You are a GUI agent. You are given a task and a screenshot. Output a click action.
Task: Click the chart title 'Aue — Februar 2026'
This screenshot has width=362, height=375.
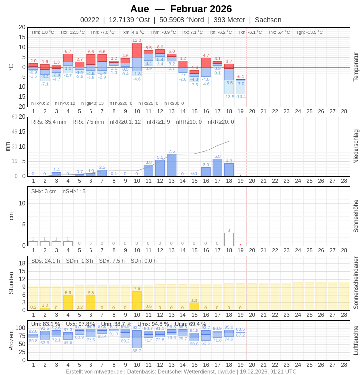pyautogui.click(x=181, y=9)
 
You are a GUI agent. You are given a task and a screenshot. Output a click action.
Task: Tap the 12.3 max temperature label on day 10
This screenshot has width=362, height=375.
pyautogui.click(x=137, y=40)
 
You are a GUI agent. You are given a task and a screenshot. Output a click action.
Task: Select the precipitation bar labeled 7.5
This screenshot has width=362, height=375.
pyautogui.click(x=172, y=165)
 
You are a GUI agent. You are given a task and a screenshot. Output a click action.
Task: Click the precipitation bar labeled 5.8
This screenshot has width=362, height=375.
pyautogui.click(x=217, y=168)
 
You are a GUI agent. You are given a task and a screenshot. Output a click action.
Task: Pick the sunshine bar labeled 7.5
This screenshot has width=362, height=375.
pyautogui.click(x=137, y=301)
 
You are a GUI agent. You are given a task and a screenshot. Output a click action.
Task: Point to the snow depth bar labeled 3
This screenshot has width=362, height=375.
pyautogui.click(x=229, y=239)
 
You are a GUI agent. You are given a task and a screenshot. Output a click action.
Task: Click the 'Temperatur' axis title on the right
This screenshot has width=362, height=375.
pyautogui.click(x=356, y=67)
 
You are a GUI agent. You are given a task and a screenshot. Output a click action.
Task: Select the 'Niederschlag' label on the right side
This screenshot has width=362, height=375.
pyautogui.click(x=356, y=147)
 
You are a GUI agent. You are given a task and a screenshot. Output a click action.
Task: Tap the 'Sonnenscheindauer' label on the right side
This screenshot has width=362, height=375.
pyautogui.click(x=356, y=283)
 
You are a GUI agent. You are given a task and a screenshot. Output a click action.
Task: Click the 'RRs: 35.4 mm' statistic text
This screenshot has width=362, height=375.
pyautogui.click(x=49, y=122)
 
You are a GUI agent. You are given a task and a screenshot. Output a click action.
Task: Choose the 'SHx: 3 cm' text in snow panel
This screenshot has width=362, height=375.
pyautogui.click(x=44, y=191)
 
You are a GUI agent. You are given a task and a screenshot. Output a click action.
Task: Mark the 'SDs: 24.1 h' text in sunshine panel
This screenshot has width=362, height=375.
pyautogui.click(x=46, y=261)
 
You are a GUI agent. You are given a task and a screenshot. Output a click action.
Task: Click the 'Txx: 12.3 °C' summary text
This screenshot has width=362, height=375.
pyautogui.click(x=72, y=32)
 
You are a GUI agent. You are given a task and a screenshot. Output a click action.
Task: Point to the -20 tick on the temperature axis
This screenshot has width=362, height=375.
pyautogui.click(x=22, y=106)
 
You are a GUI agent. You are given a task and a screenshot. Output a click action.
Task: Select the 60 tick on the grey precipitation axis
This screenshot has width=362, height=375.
pyautogui.click(x=15, y=117)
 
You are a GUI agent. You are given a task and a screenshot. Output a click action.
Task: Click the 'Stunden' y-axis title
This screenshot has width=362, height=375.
pyautogui.click(x=11, y=283)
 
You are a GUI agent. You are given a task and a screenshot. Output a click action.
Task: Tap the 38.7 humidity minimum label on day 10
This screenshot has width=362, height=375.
pyautogui.click(x=137, y=351)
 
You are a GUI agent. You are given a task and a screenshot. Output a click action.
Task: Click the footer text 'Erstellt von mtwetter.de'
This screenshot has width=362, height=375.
pyautogui.click(x=94, y=371)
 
